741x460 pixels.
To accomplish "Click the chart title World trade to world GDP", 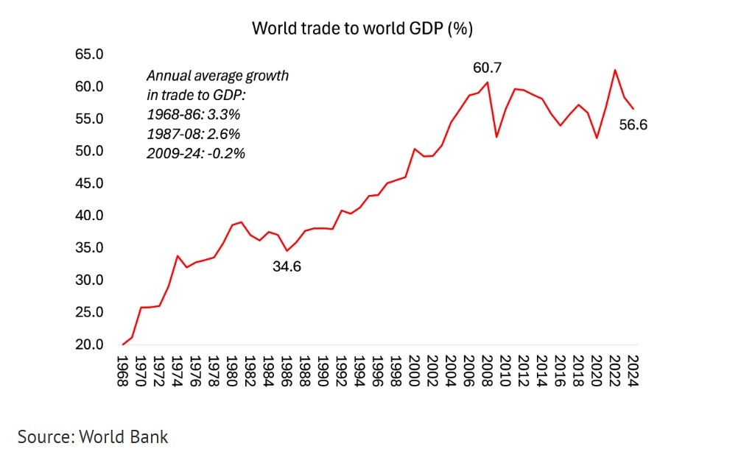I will click(362, 29).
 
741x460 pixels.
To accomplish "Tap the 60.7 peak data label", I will click(487, 68).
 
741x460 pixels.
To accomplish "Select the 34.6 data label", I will click(287, 266).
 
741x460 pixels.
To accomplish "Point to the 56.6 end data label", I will click(633, 124).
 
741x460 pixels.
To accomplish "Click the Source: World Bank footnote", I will click(93, 436).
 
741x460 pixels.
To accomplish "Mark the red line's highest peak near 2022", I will click(614, 70).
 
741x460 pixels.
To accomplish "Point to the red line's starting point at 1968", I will click(123, 344).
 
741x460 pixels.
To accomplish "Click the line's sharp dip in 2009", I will click(496, 137).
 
